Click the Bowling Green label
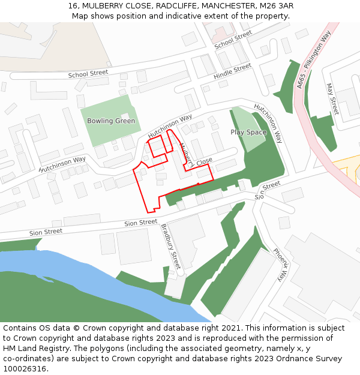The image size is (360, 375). coord(111,121)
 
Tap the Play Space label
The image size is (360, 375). coord(248,132)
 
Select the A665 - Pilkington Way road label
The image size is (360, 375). coord(313,61)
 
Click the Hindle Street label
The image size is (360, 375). coord(232,72)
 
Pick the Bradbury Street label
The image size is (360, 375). coord(170,246)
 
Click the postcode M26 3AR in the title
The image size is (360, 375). coord(277,5)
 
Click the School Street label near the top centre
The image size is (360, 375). coord(233,40)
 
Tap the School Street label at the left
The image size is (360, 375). coord(88,74)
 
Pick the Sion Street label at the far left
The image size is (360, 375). coord(46,232)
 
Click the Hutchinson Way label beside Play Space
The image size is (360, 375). coord(268,122)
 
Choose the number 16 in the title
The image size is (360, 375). coord(73,5)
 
